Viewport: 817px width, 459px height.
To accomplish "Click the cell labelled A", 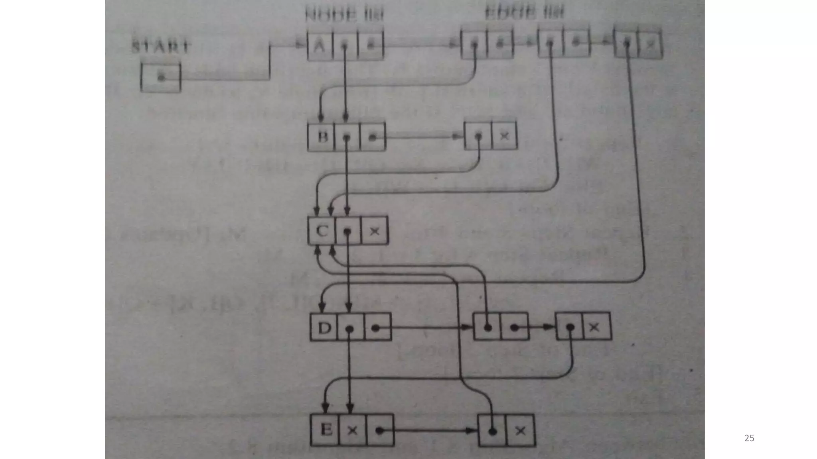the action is [320, 45].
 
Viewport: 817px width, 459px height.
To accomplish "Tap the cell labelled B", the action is [321, 137].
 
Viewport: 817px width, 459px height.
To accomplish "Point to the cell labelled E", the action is [325, 430].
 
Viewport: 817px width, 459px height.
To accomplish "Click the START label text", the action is [160, 47].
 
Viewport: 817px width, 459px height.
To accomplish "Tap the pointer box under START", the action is [161, 77].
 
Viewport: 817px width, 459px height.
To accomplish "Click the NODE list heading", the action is [344, 16].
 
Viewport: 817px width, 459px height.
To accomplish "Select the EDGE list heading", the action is [524, 13].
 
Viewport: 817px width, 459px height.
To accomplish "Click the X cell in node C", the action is [374, 231].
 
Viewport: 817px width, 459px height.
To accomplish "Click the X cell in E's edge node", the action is [520, 431].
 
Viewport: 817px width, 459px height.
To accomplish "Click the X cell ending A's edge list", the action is [650, 44].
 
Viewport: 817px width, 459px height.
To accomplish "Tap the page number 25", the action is [749, 438].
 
